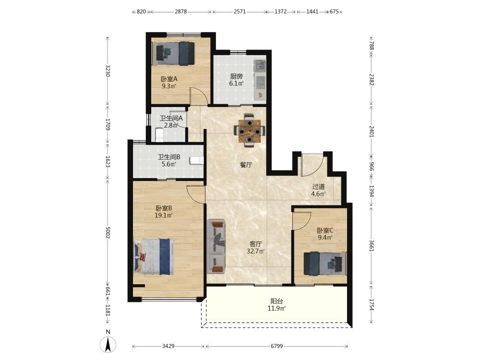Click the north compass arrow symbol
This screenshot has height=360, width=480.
[108, 344]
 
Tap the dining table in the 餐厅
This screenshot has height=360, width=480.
[250, 130]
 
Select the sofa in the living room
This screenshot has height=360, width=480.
[216, 246]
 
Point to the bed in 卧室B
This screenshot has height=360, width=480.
[154, 256]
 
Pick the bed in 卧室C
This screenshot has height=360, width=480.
[325, 263]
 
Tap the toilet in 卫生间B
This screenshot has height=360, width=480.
[197, 160]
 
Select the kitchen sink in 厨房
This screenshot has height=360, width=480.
[260, 65]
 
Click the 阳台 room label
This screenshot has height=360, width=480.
[276, 301]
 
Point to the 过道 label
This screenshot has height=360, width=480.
[318, 186]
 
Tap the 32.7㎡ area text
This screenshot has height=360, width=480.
[256, 252]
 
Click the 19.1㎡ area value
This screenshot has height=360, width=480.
[164, 215]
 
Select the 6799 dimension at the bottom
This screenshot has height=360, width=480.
[277, 346]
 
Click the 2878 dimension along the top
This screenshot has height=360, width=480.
[180, 12]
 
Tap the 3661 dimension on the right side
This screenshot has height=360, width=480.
[372, 245]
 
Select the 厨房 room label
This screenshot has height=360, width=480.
[236, 76]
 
